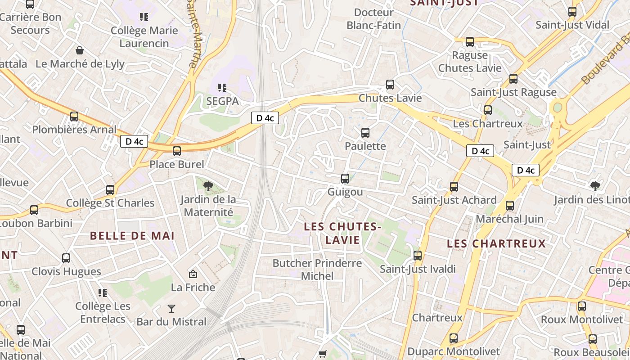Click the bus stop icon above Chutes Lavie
390,85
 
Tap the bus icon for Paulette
365,133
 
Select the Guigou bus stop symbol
345,179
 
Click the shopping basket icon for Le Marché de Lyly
80,50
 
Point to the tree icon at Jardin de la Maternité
208,186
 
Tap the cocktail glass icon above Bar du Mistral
171,308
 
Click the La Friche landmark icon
193,274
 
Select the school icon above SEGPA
222,87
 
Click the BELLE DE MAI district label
132,236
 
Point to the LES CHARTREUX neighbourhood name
496,244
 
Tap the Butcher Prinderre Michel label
317,269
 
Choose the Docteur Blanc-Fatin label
373,19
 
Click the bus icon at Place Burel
177,151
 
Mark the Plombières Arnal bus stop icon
74,117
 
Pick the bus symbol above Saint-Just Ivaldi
418,256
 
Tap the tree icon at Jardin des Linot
595,185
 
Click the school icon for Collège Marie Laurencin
144,17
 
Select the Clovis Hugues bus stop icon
66,258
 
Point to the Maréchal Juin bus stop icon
510,206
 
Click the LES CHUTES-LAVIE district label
343,233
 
